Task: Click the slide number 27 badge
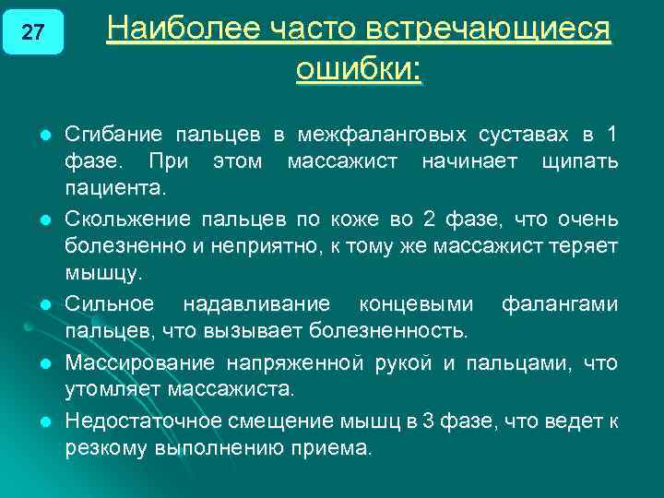pyautogui.click(x=32, y=32)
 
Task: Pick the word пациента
pyautogui.click(x=116, y=190)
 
